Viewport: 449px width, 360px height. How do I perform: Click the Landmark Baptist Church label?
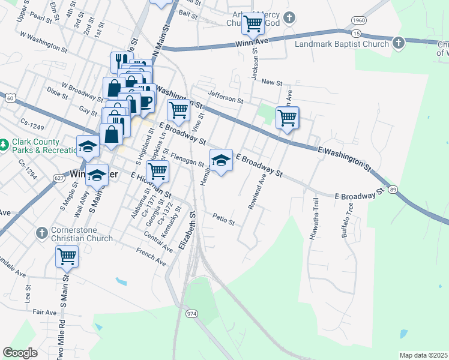[x=342, y=43]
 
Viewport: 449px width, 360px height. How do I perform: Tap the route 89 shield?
[x=393, y=190]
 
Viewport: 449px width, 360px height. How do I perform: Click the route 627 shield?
[x=58, y=178]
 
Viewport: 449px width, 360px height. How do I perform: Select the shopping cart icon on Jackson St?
[x=253, y=25]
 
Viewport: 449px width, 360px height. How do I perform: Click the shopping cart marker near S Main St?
[x=67, y=257]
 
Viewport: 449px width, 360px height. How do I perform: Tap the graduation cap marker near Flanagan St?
[x=221, y=160]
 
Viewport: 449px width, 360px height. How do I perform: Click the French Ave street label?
[x=151, y=256]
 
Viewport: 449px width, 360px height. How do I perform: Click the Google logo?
[x=20, y=353]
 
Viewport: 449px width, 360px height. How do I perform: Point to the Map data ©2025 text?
[x=423, y=355]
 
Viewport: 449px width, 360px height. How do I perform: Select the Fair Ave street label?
[x=44, y=312]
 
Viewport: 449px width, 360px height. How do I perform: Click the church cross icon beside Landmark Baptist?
[x=399, y=43]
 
